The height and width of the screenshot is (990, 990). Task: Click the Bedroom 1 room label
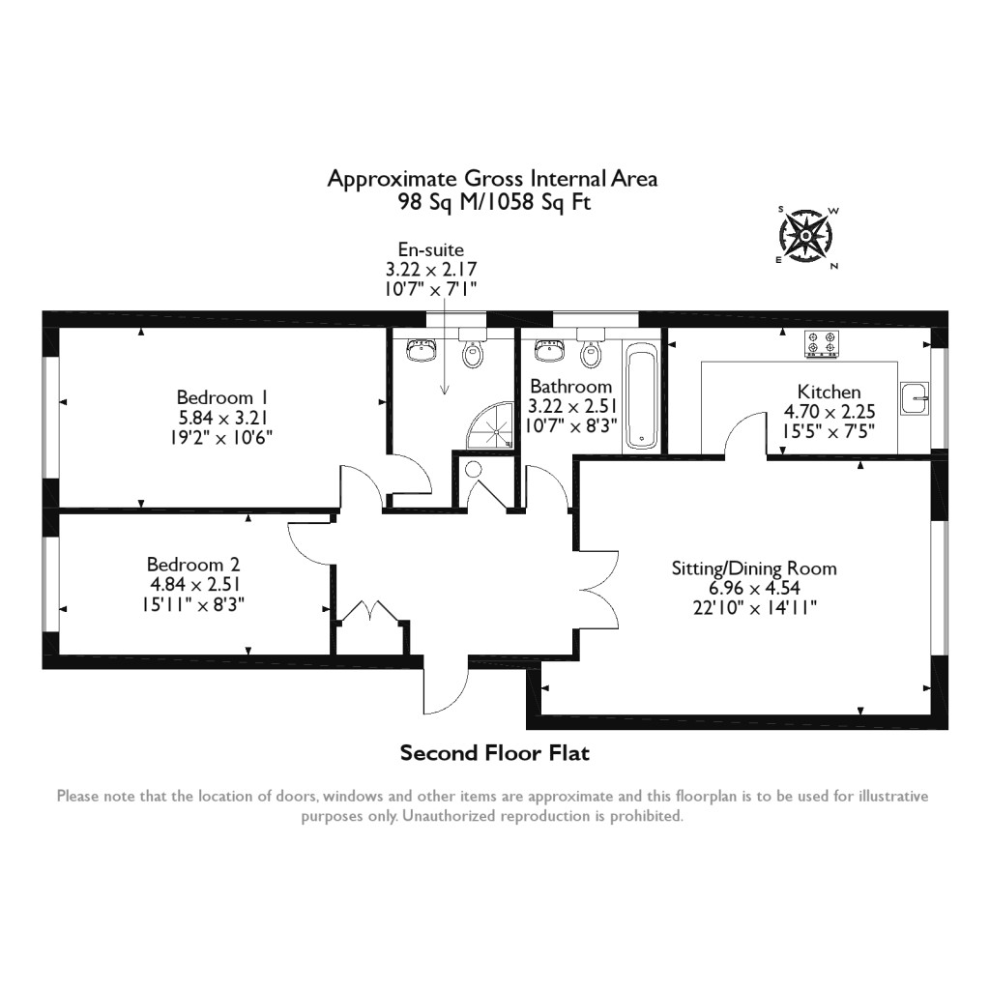pos(221,397)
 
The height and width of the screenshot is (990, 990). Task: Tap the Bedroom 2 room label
pos(193,565)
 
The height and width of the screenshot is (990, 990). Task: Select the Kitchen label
pos(829,392)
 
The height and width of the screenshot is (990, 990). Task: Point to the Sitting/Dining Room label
pos(754,568)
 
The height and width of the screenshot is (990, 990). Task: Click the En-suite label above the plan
pos(431,250)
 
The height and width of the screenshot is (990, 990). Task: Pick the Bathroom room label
pos(570,387)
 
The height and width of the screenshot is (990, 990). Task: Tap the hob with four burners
pos(822,344)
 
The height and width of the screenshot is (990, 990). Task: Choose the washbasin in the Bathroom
pos(550,351)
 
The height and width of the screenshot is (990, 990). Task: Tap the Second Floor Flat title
pos(494,753)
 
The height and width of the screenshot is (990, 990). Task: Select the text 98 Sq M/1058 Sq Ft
pos(494,202)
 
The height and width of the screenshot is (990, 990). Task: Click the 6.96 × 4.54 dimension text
pos(754,588)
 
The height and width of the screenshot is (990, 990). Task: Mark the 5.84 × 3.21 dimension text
pos(221,418)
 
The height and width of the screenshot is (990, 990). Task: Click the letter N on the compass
pos(834,266)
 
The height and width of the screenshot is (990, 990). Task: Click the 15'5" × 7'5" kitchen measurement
pos(829,431)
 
